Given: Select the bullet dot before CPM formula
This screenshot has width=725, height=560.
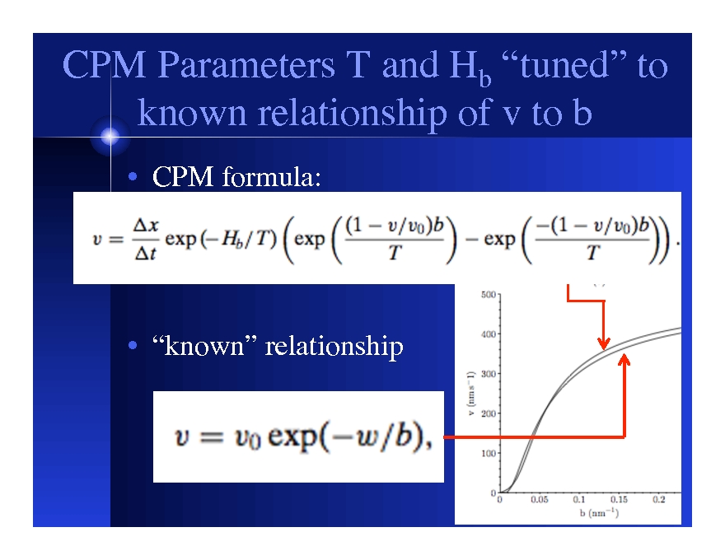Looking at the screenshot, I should point(133,176).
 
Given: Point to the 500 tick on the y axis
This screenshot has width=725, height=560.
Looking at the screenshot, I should point(488,294).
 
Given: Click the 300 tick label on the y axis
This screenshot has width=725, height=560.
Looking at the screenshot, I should point(488,374).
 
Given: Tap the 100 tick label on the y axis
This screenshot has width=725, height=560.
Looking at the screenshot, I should point(488,453).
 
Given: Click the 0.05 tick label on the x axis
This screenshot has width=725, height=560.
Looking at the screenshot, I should point(540,500).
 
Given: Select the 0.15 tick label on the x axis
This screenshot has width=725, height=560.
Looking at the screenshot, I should point(619,500).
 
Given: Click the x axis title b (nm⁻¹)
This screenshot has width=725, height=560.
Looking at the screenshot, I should point(599,513).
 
